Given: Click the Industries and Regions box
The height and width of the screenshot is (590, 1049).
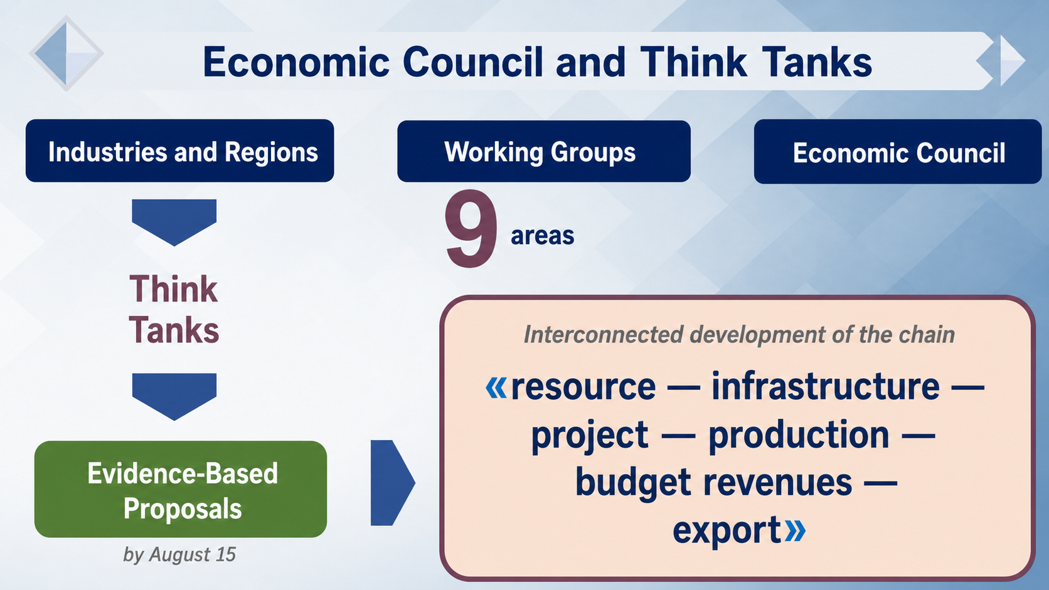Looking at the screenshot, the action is click(180, 150).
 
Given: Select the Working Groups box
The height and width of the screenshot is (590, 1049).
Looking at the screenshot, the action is click(544, 151).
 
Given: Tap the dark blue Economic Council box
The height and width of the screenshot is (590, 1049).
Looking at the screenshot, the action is click(898, 152).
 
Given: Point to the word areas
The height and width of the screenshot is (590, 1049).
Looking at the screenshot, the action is click(542, 235).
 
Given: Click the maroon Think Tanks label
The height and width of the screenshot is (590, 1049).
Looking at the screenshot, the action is click(174, 309).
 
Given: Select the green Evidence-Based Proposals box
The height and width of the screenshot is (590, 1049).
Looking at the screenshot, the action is click(181, 489).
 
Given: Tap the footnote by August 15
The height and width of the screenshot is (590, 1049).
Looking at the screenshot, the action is click(179, 554).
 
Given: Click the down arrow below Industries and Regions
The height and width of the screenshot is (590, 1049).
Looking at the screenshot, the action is click(174, 222).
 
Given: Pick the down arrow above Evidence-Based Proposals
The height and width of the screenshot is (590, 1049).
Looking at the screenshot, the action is click(174, 397).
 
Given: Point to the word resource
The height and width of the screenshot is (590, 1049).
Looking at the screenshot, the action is click(583, 387).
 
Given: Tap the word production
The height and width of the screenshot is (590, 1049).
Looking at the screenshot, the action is click(799, 435).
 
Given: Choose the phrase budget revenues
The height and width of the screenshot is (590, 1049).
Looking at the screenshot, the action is click(714, 483).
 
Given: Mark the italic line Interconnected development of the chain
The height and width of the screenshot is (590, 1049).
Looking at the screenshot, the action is click(739, 335).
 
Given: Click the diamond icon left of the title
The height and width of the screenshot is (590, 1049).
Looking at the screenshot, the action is click(66, 53).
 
